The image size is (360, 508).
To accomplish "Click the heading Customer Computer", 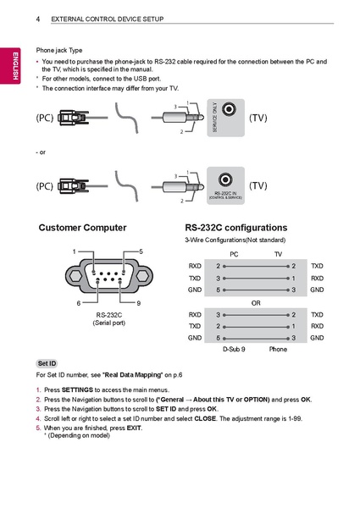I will pos(82,228).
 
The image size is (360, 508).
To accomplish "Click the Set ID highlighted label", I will pos(47,362).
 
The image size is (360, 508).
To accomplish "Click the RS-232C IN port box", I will pos(224,185).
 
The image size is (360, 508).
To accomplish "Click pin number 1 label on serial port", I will pos(75,251).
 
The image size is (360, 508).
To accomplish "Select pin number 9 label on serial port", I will pos(138,302).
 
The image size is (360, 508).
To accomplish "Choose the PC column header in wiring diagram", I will pos(235,253).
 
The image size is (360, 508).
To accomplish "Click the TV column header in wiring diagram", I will pos(277,253).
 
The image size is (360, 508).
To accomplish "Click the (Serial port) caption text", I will pos(108,323).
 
